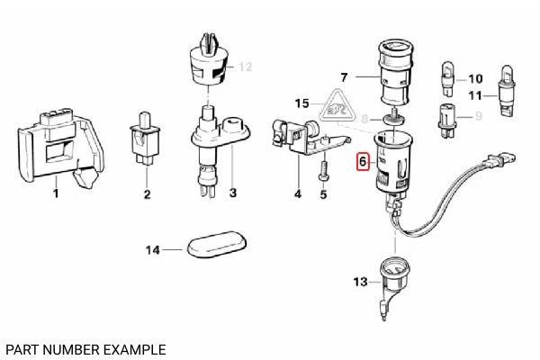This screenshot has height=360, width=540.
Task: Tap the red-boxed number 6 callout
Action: point(363,163)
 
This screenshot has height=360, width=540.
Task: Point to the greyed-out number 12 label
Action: point(246,67)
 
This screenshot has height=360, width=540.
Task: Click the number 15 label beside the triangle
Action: point(301,103)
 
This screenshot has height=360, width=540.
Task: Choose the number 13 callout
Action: point(360,282)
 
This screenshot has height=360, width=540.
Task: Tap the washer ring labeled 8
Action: point(393,118)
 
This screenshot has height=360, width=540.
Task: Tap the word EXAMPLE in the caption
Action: point(130,348)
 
